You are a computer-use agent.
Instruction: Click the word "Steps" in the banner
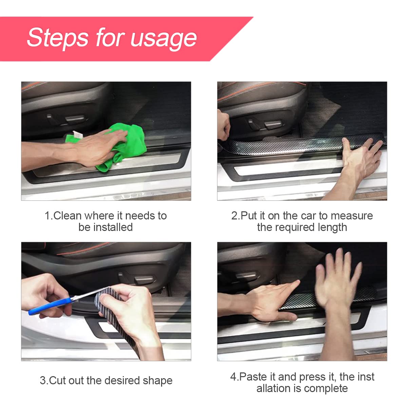[x=58, y=38]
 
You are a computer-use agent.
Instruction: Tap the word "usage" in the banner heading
[x=163, y=38]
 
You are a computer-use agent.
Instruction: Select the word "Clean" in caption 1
[x=67, y=216]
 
